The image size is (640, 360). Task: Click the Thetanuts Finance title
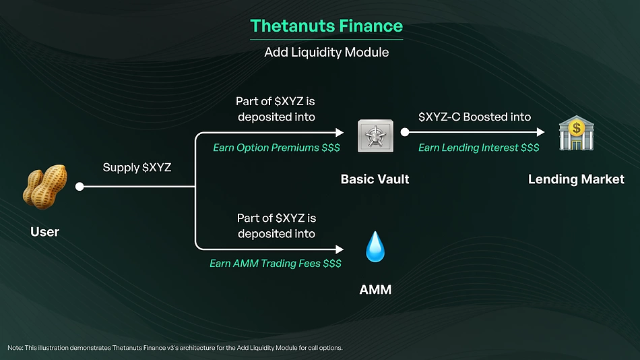(x=327, y=26)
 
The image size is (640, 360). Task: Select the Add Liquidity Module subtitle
(x=327, y=53)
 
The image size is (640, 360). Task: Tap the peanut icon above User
(x=45, y=187)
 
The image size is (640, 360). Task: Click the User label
(x=45, y=232)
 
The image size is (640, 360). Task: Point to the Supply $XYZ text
(x=137, y=168)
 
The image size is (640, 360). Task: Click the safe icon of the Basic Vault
(x=375, y=136)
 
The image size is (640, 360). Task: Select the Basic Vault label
(x=375, y=179)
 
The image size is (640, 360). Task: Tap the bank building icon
(x=576, y=133)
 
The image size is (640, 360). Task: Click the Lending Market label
(x=576, y=179)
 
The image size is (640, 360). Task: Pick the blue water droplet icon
(x=375, y=247)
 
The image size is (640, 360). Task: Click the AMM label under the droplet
(x=375, y=290)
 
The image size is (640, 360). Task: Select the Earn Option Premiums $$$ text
(x=276, y=148)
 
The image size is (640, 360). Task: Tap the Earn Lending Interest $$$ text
(x=479, y=148)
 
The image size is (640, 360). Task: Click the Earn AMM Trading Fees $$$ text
(x=276, y=264)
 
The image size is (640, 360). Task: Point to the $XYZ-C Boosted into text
(x=475, y=117)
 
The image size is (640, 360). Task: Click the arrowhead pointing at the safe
(x=340, y=132)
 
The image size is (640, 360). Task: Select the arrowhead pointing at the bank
(x=541, y=132)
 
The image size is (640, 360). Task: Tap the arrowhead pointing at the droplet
(x=340, y=249)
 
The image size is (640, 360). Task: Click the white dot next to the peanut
(x=79, y=187)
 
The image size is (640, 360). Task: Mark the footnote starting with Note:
(x=175, y=348)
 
